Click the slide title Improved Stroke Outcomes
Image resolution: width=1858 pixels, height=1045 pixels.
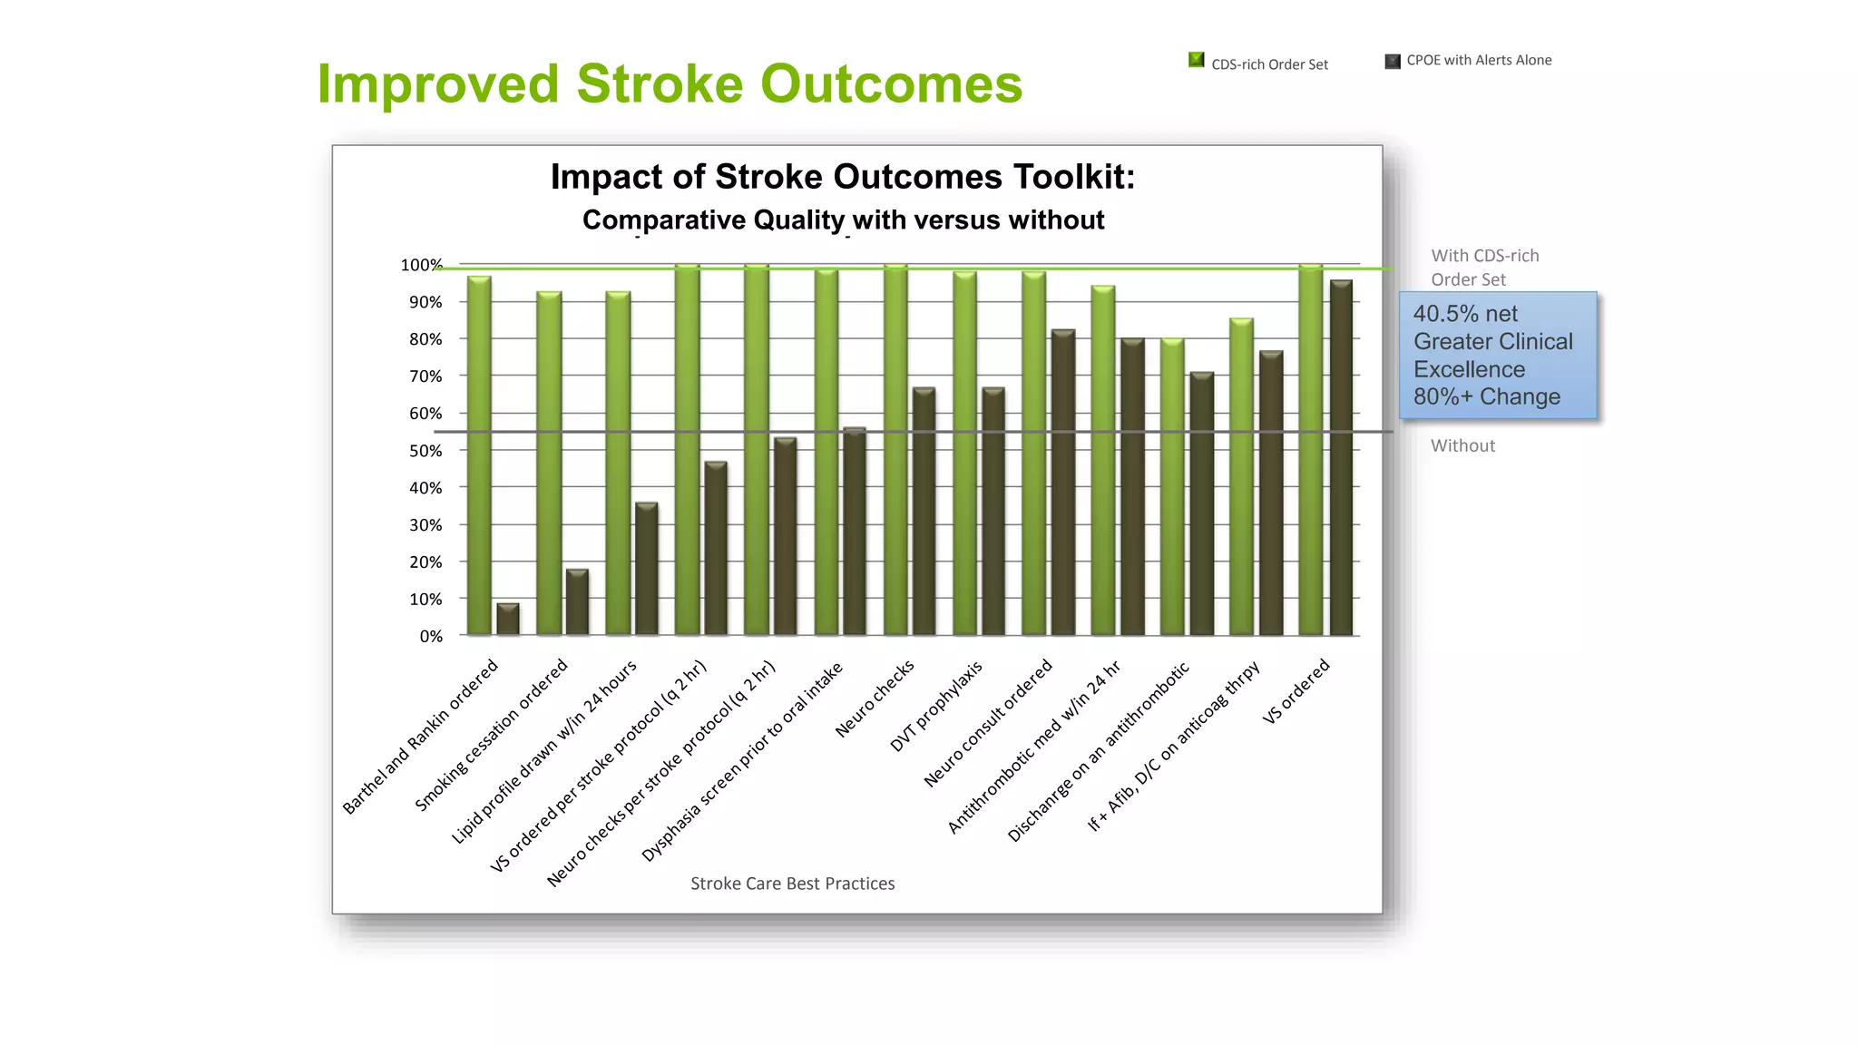670,84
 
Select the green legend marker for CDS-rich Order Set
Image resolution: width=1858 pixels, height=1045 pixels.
1197,60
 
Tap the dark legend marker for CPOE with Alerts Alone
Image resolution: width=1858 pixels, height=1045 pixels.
1393,61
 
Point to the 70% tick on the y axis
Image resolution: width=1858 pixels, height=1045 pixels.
425,376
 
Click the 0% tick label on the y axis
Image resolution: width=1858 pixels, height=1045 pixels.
430,637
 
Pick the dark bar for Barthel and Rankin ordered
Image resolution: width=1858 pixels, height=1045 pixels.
508,620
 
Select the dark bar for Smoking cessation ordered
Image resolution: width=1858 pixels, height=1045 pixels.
577,602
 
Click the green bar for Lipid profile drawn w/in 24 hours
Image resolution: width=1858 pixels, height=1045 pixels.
618,463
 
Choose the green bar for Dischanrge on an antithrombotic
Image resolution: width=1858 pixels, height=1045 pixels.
1172,487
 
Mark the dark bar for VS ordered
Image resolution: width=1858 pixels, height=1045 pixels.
1340,458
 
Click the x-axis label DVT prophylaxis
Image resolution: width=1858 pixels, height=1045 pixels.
936,707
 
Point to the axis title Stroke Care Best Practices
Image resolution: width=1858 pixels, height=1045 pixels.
792,884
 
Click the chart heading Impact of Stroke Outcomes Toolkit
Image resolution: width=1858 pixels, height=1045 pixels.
842,177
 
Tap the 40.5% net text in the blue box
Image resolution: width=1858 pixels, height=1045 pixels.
1464,314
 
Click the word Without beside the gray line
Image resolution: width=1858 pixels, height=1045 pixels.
1462,445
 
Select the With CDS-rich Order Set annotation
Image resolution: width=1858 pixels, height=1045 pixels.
1484,268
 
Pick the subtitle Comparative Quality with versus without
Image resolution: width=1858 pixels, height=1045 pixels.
843,220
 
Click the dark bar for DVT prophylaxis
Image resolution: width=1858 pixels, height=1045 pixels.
993,512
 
